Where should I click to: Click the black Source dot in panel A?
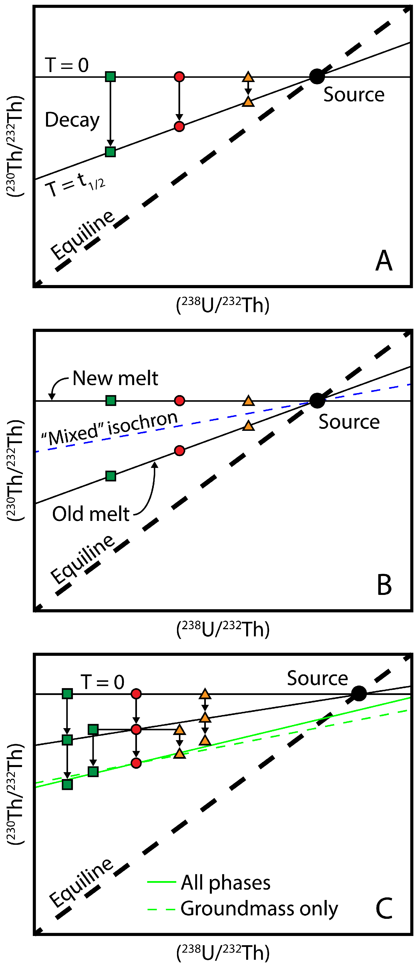click(317, 77)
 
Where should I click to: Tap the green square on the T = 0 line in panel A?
click(110, 77)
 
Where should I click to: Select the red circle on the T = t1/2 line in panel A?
click(179, 126)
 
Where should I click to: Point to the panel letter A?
click(384, 260)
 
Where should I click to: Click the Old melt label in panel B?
click(91, 514)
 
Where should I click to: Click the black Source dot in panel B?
click(317, 401)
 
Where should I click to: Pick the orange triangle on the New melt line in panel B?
click(248, 401)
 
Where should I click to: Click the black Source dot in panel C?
click(359, 693)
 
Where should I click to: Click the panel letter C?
click(384, 909)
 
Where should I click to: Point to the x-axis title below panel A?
click(223, 305)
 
